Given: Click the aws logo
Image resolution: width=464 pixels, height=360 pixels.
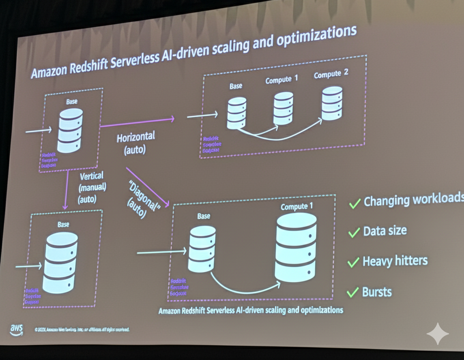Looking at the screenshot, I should coord(16,330).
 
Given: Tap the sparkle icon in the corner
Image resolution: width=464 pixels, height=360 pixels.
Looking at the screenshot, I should coord(437,333).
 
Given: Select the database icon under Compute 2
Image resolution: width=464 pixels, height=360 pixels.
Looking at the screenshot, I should coord(332,104).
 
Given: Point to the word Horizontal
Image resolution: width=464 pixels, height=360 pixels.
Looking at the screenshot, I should coord(135,138).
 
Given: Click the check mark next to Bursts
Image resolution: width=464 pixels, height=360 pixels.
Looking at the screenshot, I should coord(353,293).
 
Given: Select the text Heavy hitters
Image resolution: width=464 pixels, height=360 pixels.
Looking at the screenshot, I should coord(395,261).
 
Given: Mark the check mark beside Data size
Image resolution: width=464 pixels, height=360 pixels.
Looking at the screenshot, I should coord(354,232).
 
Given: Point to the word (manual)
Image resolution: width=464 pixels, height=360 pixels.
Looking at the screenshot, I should coord(92,187).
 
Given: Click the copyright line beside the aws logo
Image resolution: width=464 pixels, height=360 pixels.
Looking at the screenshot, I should coord(82,330).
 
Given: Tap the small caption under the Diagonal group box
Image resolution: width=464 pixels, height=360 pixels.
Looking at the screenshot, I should coord(250,310).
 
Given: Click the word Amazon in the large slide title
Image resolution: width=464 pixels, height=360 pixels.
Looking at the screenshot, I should coord(50,72).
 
